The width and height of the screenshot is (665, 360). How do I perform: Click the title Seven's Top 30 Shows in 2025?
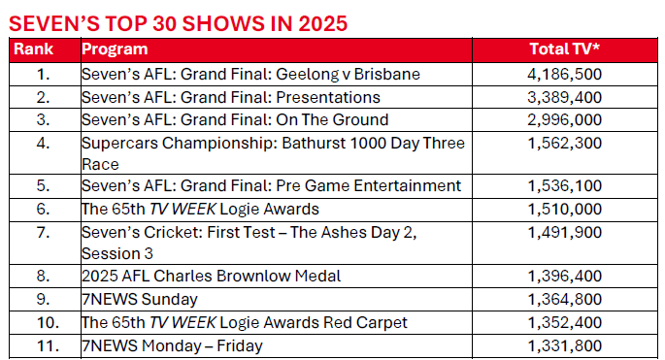click(177, 22)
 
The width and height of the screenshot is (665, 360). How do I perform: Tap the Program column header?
click(116, 49)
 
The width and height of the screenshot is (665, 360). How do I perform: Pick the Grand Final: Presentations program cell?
click(231, 97)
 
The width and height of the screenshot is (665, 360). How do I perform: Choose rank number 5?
click(42, 186)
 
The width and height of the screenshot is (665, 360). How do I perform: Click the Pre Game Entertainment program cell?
click(271, 186)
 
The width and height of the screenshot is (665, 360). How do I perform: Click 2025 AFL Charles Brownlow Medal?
click(212, 276)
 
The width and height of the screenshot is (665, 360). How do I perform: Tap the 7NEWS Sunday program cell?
click(140, 299)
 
